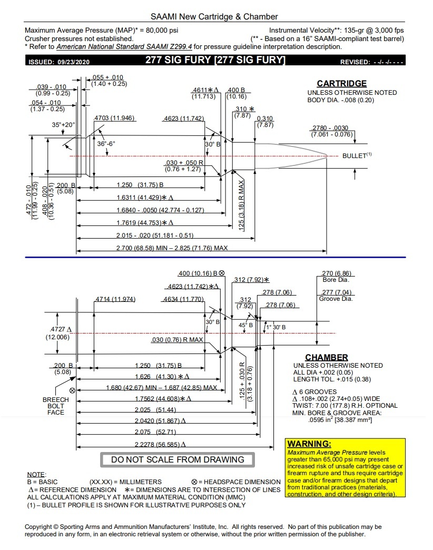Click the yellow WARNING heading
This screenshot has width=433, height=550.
(309, 444)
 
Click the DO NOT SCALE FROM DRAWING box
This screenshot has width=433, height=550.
(178, 459)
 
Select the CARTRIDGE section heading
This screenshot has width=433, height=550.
(341, 84)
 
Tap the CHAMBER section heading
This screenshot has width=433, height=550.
(327, 357)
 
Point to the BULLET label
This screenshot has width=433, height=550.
(355, 156)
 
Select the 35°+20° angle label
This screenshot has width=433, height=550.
(64, 125)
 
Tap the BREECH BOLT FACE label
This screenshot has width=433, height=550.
(56, 406)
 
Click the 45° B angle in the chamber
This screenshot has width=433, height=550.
(246, 325)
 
